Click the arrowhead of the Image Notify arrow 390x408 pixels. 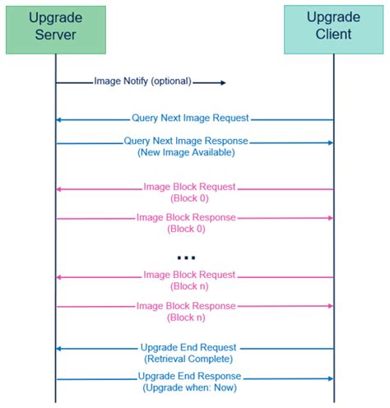(222, 82)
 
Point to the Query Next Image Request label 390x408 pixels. (189, 118)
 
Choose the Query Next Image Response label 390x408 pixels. (186, 141)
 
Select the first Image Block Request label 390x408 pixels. (189, 188)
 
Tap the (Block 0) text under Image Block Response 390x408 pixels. (188, 229)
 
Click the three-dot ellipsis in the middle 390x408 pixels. (187, 257)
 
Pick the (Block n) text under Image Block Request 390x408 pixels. (188, 286)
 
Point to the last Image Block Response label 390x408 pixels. (186, 306)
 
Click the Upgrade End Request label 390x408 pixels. (188, 348)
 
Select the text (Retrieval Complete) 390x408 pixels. (188, 359)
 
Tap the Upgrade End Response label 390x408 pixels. (188, 377)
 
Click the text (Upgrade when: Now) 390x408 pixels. (188, 387)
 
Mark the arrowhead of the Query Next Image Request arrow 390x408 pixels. (59, 120)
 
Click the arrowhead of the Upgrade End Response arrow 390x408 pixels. (330, 378)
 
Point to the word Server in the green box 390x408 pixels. (56, 35)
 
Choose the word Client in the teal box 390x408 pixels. (333, 35)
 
